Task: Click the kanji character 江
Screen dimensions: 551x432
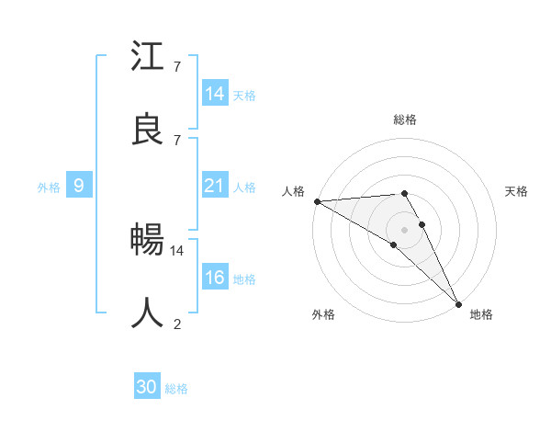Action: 148,58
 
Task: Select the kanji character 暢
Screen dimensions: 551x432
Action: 148,242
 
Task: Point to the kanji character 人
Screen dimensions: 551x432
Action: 148,313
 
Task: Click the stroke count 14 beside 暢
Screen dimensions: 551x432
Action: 177,250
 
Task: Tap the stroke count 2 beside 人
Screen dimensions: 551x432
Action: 177,323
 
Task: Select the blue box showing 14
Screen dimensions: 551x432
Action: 215,94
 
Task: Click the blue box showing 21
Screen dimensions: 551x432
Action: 215,186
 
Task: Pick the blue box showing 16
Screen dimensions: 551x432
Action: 215,278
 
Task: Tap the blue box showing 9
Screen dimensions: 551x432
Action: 79,186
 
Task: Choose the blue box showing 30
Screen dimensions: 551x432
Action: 147,387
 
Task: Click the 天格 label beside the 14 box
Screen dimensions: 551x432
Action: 244,96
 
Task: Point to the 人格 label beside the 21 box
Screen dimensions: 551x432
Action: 244,188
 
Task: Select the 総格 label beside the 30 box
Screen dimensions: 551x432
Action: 176,389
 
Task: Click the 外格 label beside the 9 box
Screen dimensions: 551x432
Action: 49,188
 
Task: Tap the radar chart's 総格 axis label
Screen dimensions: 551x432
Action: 405,119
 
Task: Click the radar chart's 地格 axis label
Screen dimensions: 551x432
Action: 481,314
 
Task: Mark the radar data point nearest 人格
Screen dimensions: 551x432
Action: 317,201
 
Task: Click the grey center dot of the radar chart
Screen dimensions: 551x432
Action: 404,229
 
